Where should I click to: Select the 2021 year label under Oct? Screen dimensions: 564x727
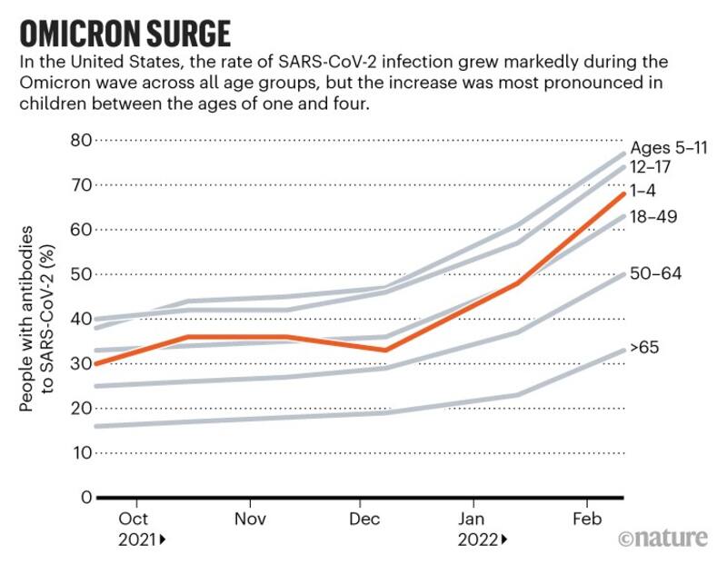pyautogui.click(x=138, y=539)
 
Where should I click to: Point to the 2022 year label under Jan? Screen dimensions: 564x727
pyautogui.click(x=477, y=539)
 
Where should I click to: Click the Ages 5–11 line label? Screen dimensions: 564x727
pyautogui.click(x=669, y=148)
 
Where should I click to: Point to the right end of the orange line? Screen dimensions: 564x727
pyautogui.click(x=622, y=193)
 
